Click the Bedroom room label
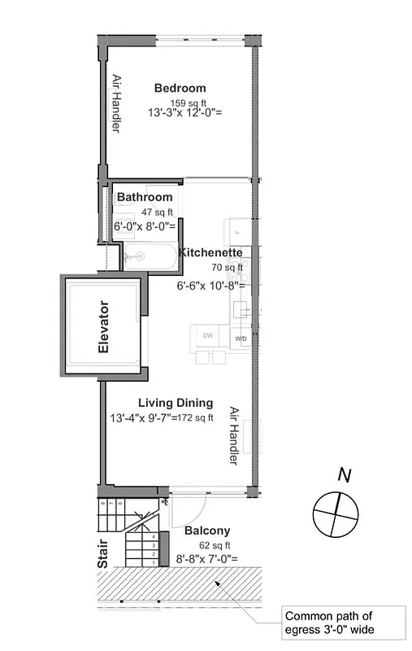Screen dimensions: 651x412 180,88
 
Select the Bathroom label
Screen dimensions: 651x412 145,197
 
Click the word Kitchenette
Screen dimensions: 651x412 210,251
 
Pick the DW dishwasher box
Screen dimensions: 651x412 207,335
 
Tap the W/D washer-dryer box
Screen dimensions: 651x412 241,337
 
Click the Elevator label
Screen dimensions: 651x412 103,327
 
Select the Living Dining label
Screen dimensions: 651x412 176,402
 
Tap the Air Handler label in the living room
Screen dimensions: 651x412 234,436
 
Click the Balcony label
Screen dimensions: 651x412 207,530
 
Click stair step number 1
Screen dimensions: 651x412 154,562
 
